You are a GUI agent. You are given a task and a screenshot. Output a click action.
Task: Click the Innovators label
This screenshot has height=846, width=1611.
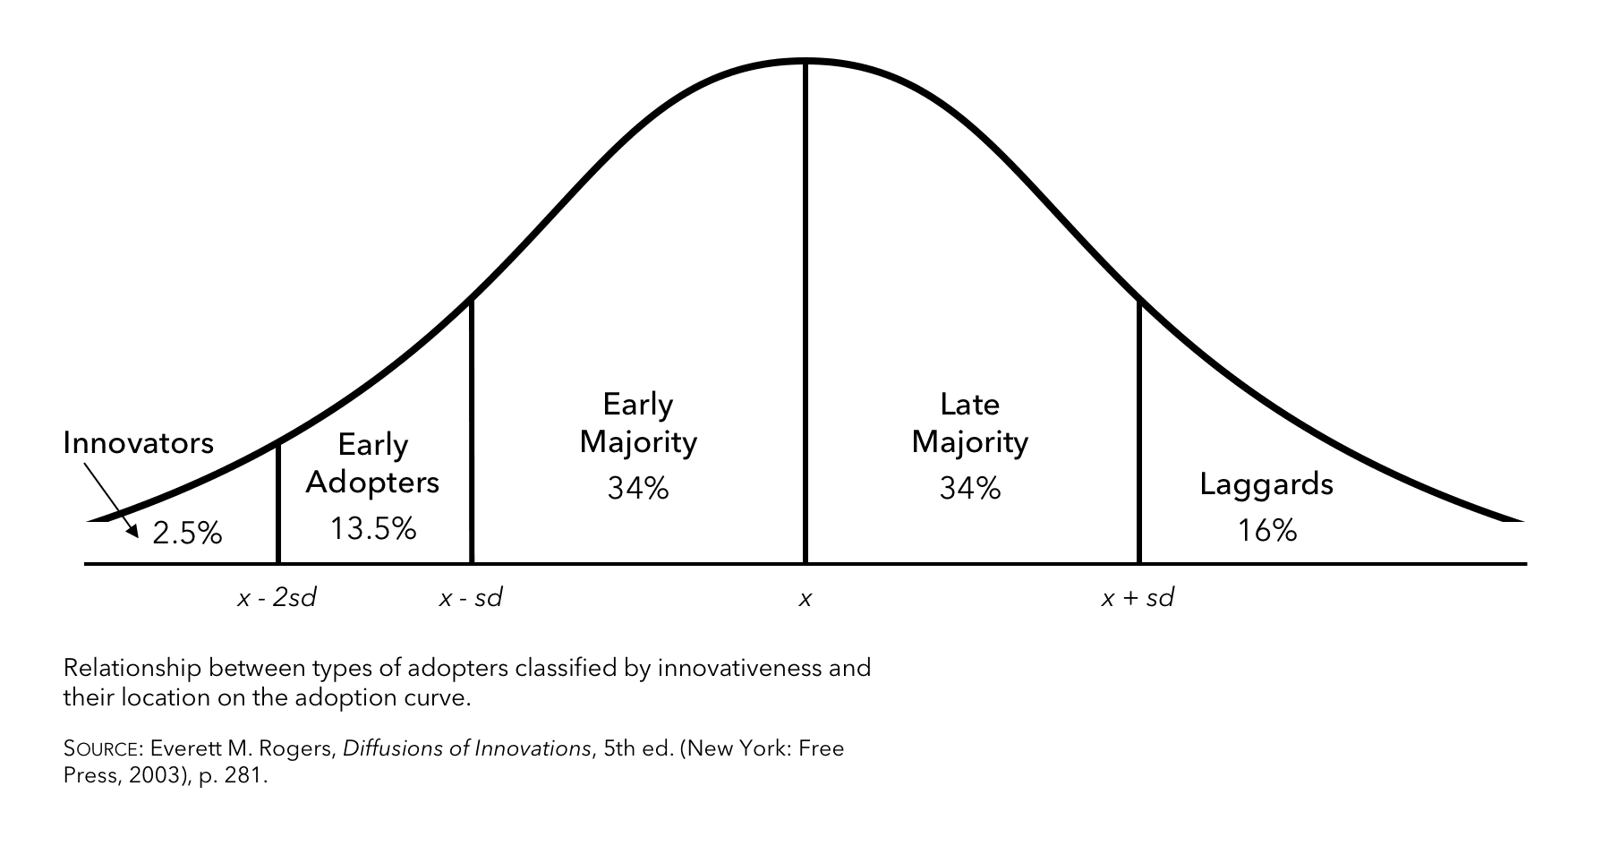pos(139,443)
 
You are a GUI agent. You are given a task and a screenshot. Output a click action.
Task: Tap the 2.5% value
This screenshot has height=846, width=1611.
pos(187,534)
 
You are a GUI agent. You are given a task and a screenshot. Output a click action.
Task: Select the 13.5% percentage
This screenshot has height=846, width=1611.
pos(373,529)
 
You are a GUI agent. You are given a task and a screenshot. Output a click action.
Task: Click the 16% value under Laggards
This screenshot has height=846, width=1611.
pos(1267,531)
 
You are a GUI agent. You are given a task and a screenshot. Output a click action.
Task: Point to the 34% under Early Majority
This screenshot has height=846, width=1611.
pos(638,488)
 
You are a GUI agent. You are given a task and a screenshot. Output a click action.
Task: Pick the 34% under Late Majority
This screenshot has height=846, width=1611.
pos(970,488)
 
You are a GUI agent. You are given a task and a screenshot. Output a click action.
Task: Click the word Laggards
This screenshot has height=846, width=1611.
pos(1266,484)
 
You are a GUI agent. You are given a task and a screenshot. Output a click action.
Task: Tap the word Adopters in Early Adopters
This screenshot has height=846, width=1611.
pos(372,483)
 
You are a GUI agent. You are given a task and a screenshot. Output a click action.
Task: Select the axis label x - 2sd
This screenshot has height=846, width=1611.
pos(277,598)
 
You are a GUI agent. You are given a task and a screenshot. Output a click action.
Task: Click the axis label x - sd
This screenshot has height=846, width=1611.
pos(471,598)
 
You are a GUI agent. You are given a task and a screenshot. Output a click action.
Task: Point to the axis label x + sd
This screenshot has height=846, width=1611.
pos(1138,598)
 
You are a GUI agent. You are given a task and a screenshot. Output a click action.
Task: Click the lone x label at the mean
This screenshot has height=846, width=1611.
pos(805,599)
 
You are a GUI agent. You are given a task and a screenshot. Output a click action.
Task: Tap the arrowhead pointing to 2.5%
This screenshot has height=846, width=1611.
pos(133,532)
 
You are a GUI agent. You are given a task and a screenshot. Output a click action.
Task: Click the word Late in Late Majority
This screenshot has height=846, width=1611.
pos(969,405)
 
